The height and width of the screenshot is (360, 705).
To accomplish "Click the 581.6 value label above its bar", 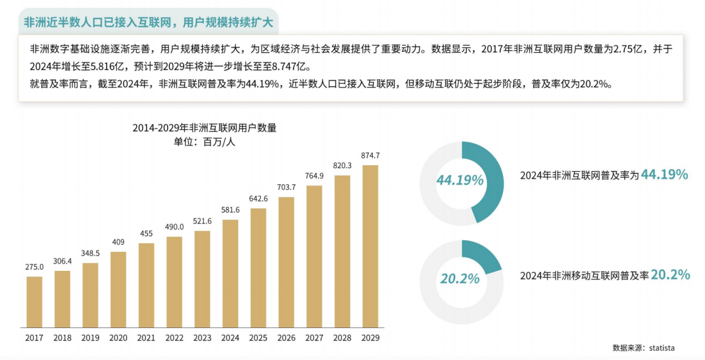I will click(x=230, y=210).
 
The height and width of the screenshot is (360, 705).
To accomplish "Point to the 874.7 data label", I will click(x=370, y=155).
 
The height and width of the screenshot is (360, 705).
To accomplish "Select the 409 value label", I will click(x=119, y=242).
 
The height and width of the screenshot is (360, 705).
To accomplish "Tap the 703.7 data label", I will click(x=286, y=187).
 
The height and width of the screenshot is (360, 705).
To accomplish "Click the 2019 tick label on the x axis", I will click(x=90, y=338).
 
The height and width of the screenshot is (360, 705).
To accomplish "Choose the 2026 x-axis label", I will click(x=286, y=338).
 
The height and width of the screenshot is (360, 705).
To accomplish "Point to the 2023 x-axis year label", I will click(x=202, y=338).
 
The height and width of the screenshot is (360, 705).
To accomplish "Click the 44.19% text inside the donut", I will click(x=460, y=181).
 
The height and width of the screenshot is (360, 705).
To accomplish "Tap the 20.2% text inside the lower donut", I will click(x=460, y=279).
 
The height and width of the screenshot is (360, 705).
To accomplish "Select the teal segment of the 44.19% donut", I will click(x=489, y=178).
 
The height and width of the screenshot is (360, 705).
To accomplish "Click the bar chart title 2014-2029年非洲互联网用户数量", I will click(x=204, y=128).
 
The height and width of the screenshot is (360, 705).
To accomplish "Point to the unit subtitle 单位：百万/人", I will click(x=204, y=142).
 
